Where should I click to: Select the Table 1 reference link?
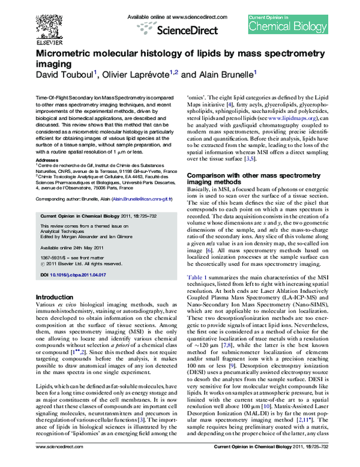pos(197,275)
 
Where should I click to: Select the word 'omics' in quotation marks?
pos(199,96)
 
